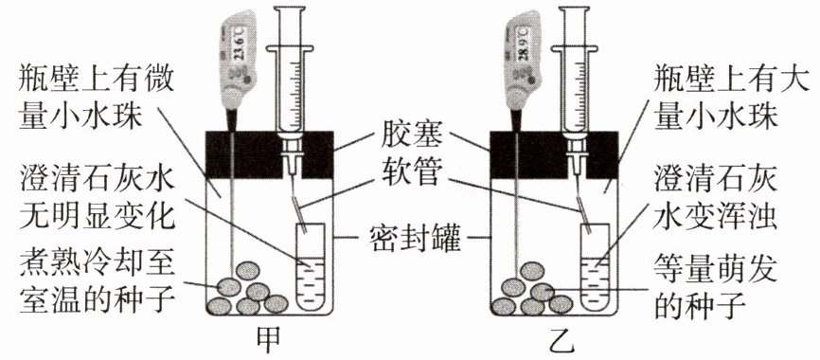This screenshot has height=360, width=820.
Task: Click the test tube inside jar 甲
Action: (311, 266)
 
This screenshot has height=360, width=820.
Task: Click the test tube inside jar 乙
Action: (596, 266)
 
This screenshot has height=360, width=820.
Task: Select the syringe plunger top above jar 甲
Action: (291, 9)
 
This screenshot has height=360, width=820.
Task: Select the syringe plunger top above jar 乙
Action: (575, 9)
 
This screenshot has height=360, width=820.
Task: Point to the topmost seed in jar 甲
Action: (248, 271)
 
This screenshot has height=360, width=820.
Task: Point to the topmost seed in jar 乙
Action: (532, 271)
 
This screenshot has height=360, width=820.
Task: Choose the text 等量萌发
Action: (716, 269)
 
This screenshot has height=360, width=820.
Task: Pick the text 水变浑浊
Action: (716, 215)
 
